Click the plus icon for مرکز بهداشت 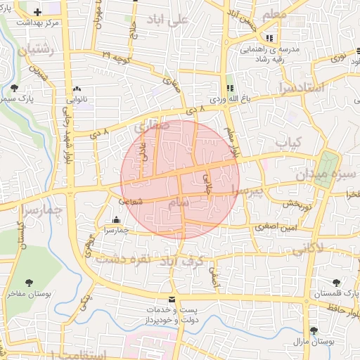pyautogui.click(x=37, y=12)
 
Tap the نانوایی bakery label pyautogui.click(x=77, y=99)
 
